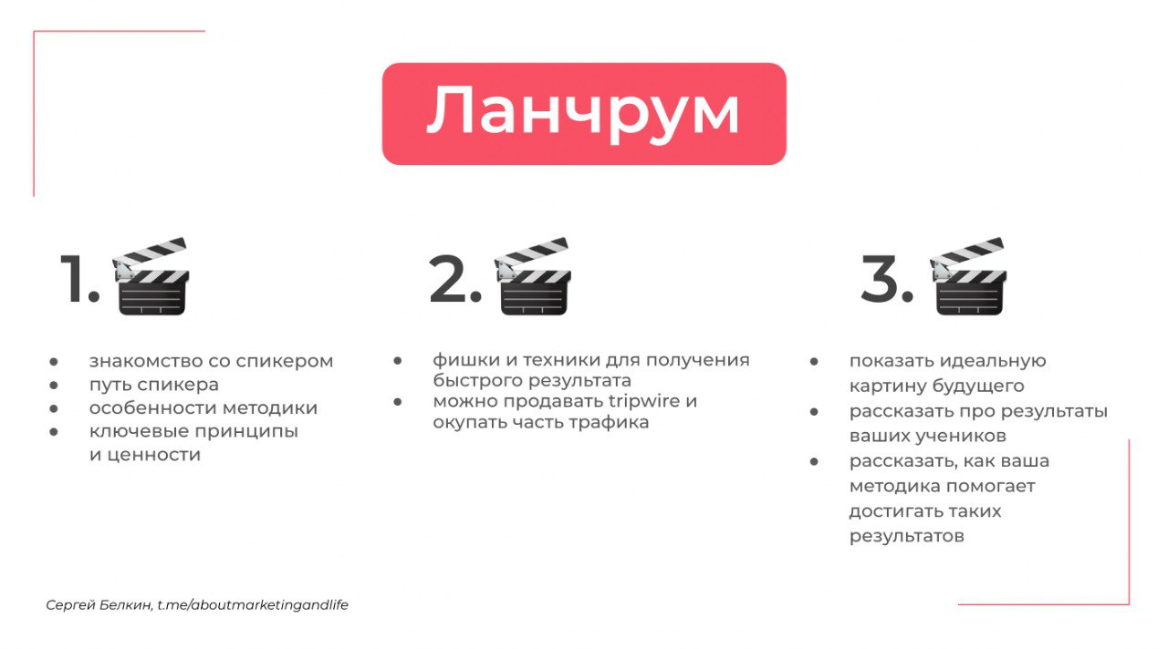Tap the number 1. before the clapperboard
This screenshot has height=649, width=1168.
(79, 279)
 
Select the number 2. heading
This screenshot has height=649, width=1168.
(455, 279)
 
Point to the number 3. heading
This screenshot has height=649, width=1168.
(887, 279)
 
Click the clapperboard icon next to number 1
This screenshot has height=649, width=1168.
(151, 276)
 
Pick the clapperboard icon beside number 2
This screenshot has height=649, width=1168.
(533, 276)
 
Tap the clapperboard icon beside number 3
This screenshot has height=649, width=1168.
(968, 276)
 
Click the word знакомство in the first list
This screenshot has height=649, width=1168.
(145, 361)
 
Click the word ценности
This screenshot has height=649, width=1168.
(154, 455)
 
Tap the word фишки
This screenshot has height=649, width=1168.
(460, 360)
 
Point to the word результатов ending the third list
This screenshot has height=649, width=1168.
(907, 536)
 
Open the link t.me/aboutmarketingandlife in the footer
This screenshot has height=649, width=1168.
(253, 605)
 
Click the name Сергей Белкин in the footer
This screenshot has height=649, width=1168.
(99, 605)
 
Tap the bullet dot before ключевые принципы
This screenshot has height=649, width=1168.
(54, 432)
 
